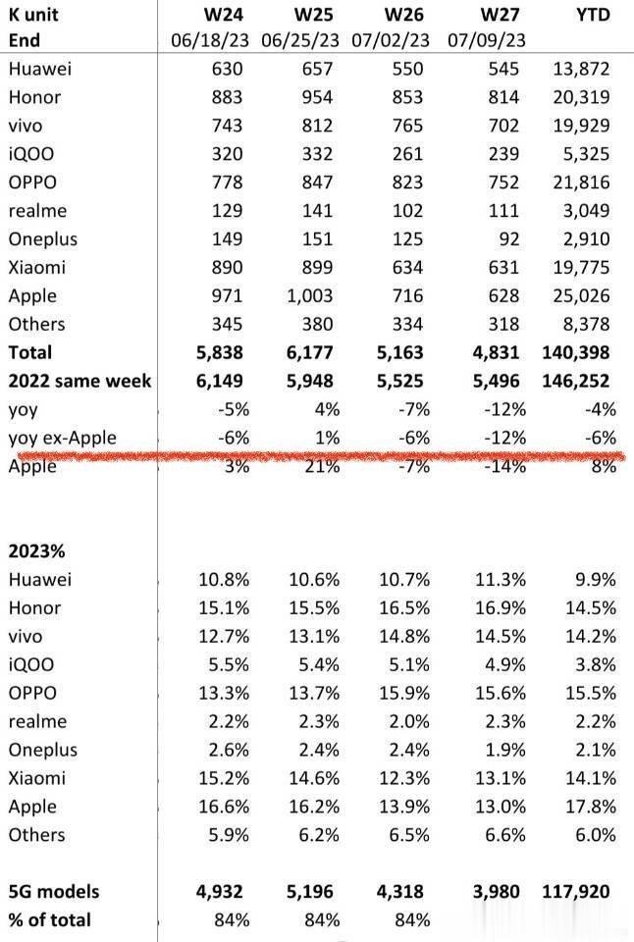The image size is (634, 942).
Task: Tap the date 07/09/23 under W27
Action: pyautogui.click(x=486, y=40)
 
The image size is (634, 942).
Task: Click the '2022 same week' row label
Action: pyautogui.click(x=79, y=381)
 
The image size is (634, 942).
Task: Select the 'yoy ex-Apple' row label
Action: pyautogui.click(x=62, y=438)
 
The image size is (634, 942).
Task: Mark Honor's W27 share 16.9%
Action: pyautogui.click(x=501, y=607)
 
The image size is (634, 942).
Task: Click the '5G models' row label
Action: pyautogui.click(x=54, y=892)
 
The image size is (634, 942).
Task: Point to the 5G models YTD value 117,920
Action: pyautogui.click(x=574, y=892)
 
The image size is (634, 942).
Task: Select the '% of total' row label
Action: pyautogui.click(x=49, y=919)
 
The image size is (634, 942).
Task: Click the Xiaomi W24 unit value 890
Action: pyautogui.click(x=227, y=268)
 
